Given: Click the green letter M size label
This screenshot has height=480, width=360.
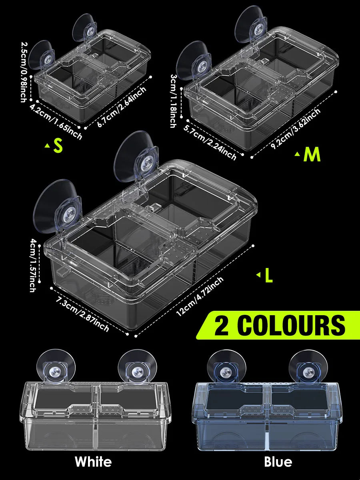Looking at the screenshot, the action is pos(312,155).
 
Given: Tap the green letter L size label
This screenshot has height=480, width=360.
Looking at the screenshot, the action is pos(269,276).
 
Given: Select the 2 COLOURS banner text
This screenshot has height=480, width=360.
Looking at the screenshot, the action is pos(280,325).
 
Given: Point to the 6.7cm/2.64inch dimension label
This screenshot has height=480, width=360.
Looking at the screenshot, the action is pos(122,107).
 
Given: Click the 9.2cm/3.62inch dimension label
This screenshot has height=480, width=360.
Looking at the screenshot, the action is pos(295,128).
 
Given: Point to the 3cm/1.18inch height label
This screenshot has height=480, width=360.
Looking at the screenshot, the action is pos(174,101).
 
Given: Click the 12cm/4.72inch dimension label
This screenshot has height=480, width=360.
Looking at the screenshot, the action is pos(200,296).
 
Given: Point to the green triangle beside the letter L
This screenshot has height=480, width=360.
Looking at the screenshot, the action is pos(258,275).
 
